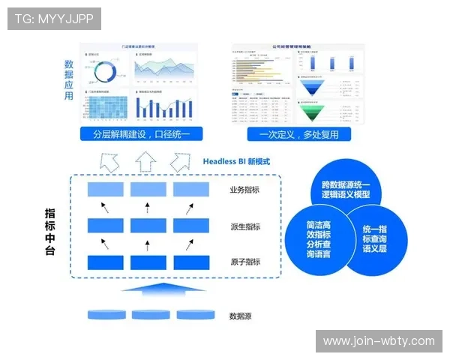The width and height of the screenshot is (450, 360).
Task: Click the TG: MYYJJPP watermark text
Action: (x=54, y=19)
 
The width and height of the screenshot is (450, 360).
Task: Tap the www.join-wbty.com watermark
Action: (x=378, y=341)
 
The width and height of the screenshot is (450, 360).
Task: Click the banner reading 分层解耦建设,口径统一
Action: (x=142, y=135)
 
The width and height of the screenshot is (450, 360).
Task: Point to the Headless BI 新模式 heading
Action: (x=236, y=161)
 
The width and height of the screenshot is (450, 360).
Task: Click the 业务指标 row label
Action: (x=245, y=190)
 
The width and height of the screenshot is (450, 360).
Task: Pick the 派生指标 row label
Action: (x=245, y=226)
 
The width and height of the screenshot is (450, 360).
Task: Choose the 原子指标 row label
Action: (x=245, y=262)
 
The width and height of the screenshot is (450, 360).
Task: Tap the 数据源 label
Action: (x=240, y=316)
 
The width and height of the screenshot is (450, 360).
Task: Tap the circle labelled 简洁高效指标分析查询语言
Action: (x=319, y=239)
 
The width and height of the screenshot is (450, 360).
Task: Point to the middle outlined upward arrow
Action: (x=145, y=161)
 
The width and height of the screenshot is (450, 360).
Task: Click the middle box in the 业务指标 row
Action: (x=148, y=190)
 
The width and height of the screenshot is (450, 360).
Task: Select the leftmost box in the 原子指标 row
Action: (x=105, y=262)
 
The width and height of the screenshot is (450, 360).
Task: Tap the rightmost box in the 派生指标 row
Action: (x=190, y=226)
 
